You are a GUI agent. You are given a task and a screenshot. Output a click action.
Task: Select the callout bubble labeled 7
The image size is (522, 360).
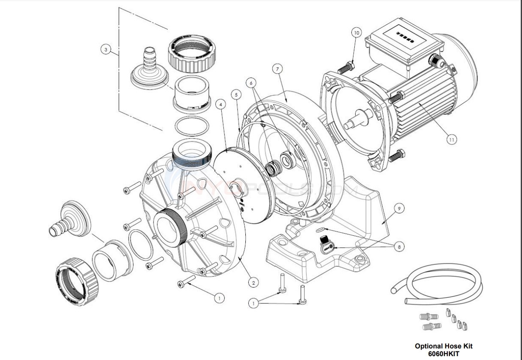tap(278, 69)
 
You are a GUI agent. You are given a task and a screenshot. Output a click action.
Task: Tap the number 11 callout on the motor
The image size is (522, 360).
tap(451, 139)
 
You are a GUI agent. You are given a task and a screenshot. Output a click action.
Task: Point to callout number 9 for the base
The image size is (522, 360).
tap(398, 209)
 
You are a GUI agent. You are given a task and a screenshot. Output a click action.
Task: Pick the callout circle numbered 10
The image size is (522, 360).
tap(356, 32)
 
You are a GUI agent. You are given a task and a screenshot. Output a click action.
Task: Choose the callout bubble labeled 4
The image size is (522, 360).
tap(220, 104)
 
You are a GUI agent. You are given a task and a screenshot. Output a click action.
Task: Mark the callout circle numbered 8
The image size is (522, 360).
tap(400, 247)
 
